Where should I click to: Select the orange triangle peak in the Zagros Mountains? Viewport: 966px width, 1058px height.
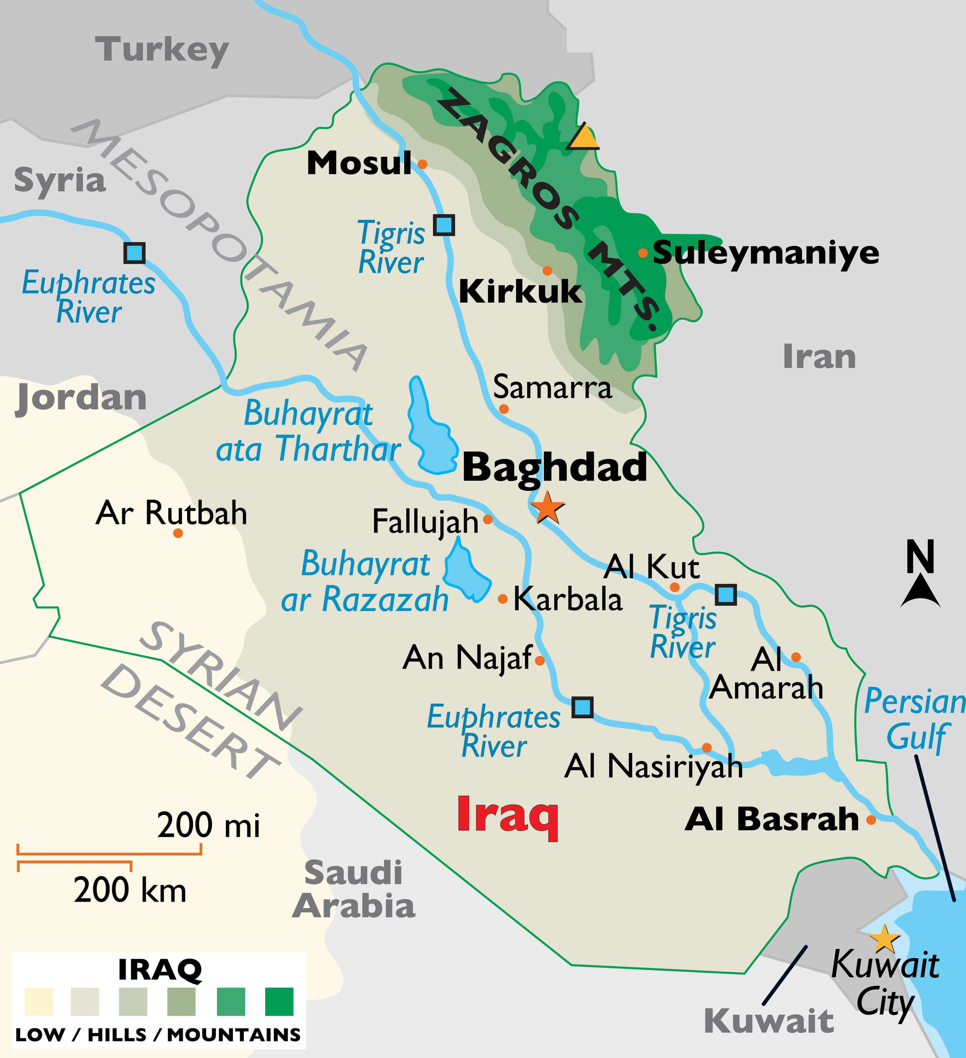tap(583, 137)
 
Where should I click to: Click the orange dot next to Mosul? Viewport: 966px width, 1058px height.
tap(422, 164)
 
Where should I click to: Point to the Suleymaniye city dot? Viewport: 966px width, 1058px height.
tap(643, 253)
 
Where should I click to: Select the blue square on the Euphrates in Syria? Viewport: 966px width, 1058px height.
tap(134, 253)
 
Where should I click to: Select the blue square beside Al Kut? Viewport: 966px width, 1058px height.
tap(726, 595)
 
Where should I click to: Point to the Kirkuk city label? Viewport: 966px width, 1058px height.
tap(520, 291)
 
